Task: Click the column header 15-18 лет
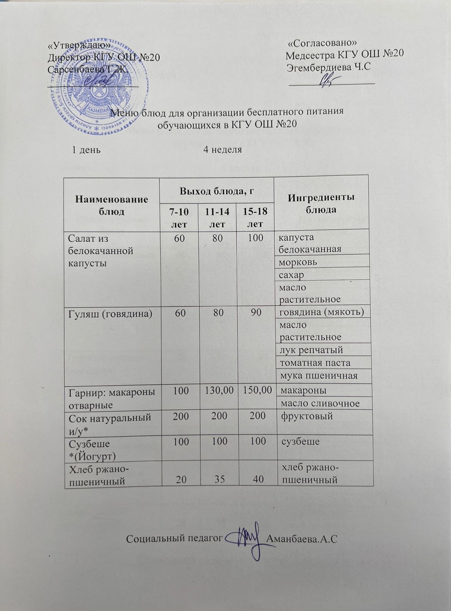click(x=256, y=217)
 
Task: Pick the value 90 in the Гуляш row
click(x=256, y=313)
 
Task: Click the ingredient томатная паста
click(x=315, y=362)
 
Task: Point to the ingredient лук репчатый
click(x=311, y=350)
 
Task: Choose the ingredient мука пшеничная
click(x=318, y=375)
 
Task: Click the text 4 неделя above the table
click(x=222, y=150)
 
